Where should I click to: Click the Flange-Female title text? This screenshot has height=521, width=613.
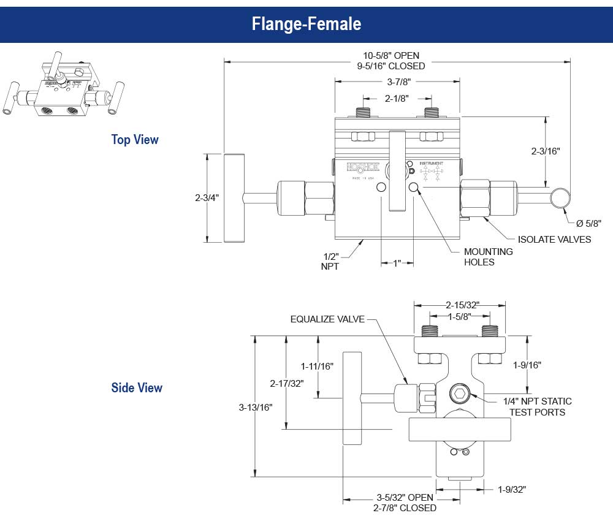point(306,24)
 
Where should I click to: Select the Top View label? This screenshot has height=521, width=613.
point(135,140)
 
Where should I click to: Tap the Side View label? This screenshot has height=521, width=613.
point(137,388)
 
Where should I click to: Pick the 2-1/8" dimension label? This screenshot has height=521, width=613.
point(397,98)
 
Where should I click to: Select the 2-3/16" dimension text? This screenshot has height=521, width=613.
point(546,150)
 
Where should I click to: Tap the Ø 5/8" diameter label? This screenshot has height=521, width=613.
point(589,223)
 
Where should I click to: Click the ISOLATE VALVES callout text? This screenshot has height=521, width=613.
point(554,239)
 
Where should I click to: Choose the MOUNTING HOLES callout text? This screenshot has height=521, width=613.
point(488,257)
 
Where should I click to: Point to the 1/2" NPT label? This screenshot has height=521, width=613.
point(330,261)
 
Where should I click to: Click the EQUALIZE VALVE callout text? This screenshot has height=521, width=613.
point(327,319)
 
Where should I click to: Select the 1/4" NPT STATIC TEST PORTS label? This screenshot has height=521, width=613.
point(537,406)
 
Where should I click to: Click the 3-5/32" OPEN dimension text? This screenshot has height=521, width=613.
point(405,497)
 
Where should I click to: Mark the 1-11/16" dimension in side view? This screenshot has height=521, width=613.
point(317,366)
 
